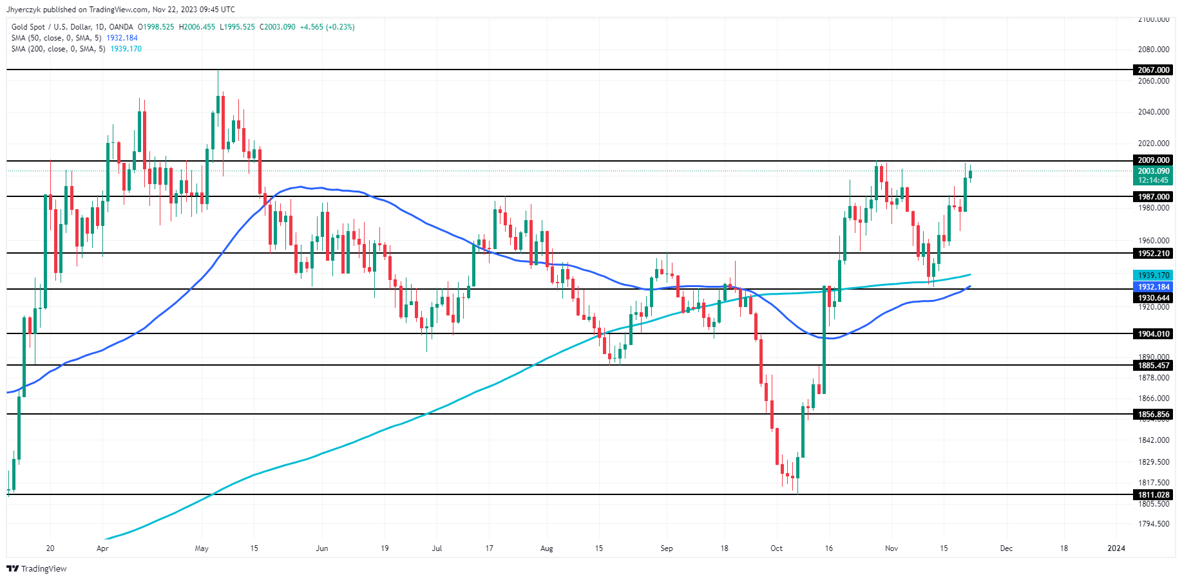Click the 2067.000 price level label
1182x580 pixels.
tap(1153, 70)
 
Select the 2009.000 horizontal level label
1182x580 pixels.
tap(1153, 160)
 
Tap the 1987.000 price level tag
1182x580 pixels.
tap(1153, 197)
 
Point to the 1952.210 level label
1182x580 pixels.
tap(1153, 254)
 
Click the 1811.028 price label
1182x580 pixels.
tap(1153, 495)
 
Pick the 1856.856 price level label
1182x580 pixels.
tap(1153, 415)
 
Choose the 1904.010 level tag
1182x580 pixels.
tap(1153, 334)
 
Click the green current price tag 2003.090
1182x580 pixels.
tap(1153, 171)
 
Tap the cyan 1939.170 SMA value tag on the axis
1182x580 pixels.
tap(1153, 276)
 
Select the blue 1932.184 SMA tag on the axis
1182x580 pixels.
tap(1153, 287)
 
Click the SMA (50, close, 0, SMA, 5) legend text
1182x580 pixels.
tap(57, 38)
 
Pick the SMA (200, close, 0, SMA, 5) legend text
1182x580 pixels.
tap(59, 49)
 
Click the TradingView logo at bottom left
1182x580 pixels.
tap(37, 569)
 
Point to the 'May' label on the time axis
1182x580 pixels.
tap(202, 548)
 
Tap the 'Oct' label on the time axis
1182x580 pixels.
tap(776, 548)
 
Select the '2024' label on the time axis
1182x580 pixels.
tap(1116, 548)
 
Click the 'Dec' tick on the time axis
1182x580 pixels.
tap(1006, 548)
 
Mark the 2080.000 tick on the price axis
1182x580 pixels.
tap(1153, 50)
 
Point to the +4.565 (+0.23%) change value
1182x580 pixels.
tap(327, 27)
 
